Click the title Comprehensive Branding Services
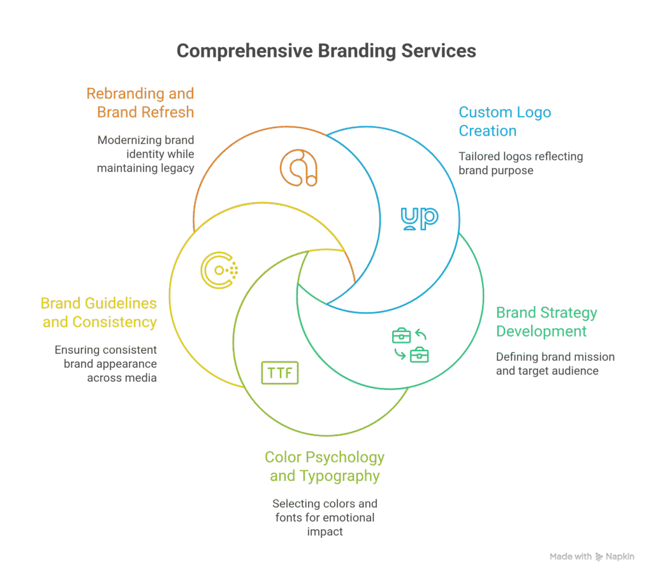coord(326,51)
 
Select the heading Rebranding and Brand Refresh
coord(140,103)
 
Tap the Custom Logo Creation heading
coord(504,122)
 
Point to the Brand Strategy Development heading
coord(547,322)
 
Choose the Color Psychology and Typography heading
coord(325,466)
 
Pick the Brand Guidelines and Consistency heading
coord(99,312)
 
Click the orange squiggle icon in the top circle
coord(298,167)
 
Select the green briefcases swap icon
coord(410,345)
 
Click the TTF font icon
coord(279,373)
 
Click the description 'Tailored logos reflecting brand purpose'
coord(520,163)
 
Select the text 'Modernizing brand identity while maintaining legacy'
coord(145,154)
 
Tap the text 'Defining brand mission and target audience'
coord(555,364)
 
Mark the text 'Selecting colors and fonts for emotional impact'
coord(325,517)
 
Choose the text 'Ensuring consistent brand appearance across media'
coord(106,364)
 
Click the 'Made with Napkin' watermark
coord(592,556)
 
